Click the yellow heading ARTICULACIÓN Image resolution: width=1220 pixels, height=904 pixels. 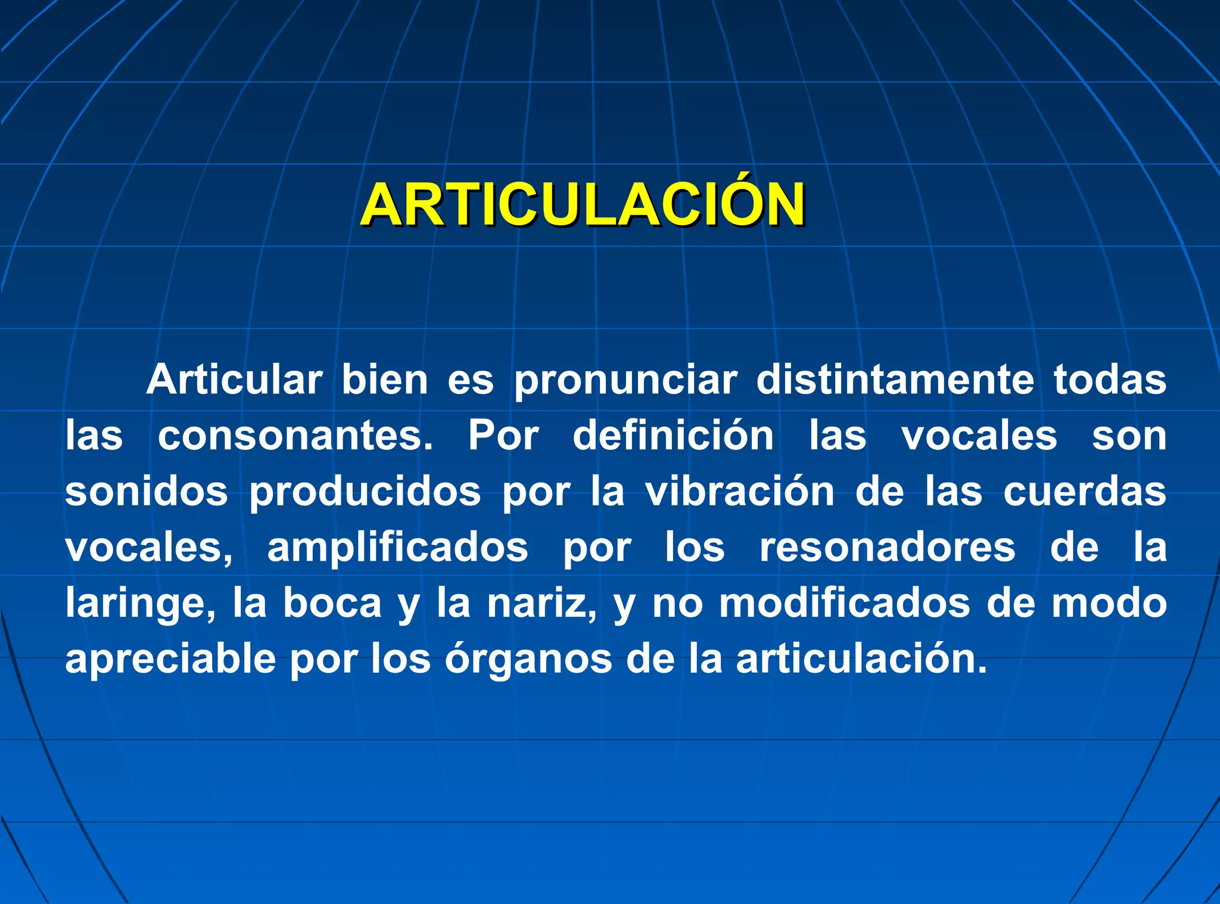click(582, 205)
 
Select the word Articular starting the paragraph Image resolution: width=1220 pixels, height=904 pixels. click(234, 380)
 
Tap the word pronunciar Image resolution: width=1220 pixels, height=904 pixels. click(625, 380)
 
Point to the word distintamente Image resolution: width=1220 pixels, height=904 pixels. click(895, 380)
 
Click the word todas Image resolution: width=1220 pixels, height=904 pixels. click(1110, 380)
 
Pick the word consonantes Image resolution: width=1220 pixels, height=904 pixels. click(295, 436)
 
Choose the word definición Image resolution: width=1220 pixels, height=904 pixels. click(673, 436)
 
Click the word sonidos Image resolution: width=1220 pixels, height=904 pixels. click(147, 492)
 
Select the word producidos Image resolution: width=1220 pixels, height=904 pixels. click(365, 492)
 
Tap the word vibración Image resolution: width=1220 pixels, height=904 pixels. click(740, 492)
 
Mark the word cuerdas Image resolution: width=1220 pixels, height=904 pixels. click(1085, 492)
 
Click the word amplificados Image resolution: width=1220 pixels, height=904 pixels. click(397, 548)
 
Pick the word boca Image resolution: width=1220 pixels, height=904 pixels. click(332, 604)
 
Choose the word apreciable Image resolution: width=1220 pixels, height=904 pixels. click(170, 660)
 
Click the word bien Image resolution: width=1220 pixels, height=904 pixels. click(385, 380)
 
